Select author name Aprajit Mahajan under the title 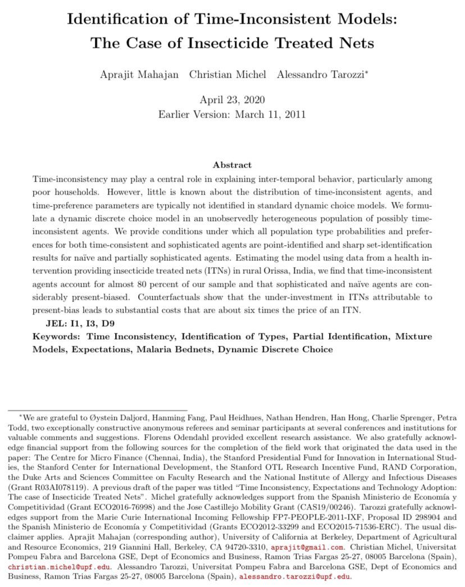click(140, 75)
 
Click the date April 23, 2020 click(232, 100)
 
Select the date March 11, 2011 click(270, 114)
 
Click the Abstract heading click(232, 165)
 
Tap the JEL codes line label click(56, 324)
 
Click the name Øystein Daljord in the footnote click(98, 418)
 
